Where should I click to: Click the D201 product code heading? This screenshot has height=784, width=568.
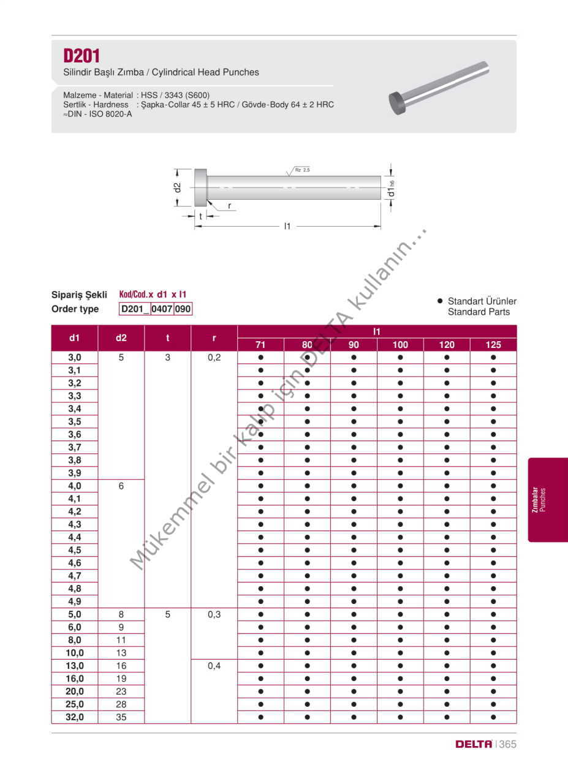[x=81, y=56]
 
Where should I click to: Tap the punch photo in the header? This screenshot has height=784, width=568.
[x=439, y=88]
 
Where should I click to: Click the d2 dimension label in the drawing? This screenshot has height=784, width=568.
[x=177, y=187]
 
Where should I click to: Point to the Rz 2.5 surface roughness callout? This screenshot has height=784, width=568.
[x=301, y=170]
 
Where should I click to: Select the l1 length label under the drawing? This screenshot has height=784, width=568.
[x=287, y=227]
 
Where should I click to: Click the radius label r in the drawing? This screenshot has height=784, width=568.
[x=229, y=206]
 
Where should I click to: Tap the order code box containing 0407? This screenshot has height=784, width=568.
[x=162, y=309]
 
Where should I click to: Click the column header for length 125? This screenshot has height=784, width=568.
[x=493, y=345]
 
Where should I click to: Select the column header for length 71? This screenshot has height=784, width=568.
[x=260, y=345]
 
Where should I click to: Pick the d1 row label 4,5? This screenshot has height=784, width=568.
[x=75, y=550]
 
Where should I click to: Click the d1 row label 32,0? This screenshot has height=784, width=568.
[x=75, y=717]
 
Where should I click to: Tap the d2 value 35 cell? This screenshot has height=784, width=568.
[x=121, y=717]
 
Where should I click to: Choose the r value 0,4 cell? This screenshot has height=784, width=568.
[x=214, y=666]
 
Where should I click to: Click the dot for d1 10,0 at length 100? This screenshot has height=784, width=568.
[x=400, y=653]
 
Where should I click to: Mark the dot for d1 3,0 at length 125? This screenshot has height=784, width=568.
[x=493, y=357]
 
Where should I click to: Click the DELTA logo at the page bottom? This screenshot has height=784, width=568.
[x=474, y=744]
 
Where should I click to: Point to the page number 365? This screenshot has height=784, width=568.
[x=507, y=744]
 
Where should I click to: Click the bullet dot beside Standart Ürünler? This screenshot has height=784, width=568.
[x=439, y=301]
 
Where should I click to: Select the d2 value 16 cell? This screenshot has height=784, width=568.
[x=121, y=666]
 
